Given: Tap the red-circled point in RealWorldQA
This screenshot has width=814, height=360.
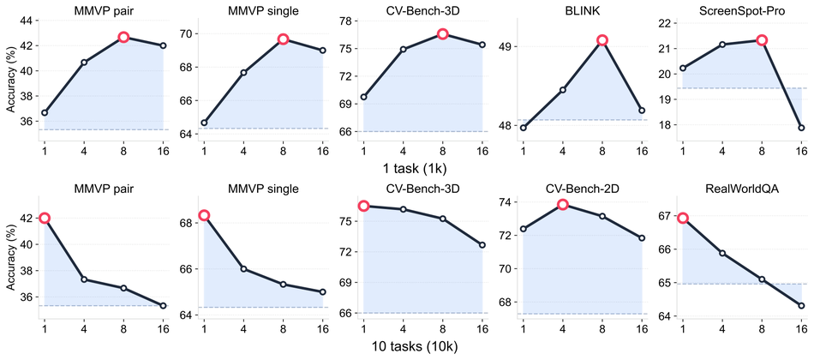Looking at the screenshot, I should tap(683, 218).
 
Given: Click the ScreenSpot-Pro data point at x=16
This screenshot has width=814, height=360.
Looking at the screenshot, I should tap(801, 128).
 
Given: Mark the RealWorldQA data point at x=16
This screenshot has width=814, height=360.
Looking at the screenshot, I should tap(801, 305).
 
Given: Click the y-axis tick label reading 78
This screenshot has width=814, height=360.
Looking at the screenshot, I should tap(347, 21).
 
